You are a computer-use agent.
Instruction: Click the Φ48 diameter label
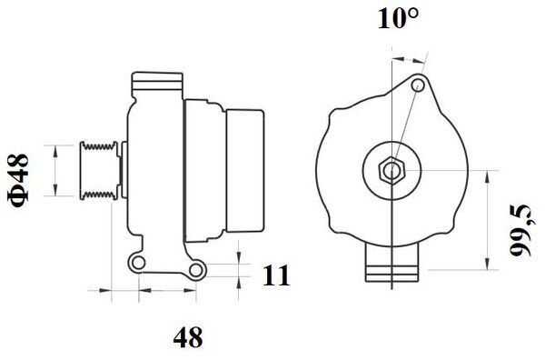click(18, 181)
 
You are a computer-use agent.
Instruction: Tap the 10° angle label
click(399, 18)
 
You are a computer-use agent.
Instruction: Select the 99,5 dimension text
click(520, 230)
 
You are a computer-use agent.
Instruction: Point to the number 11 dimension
click(276, 275)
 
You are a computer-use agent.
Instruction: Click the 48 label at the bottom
click(188, 337)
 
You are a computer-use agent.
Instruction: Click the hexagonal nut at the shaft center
click(391, 170)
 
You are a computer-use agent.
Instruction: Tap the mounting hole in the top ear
click(418, 85)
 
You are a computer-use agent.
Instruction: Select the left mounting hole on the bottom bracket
click(139, 263)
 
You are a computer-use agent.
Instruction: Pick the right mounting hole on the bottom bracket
click(196, 270)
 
